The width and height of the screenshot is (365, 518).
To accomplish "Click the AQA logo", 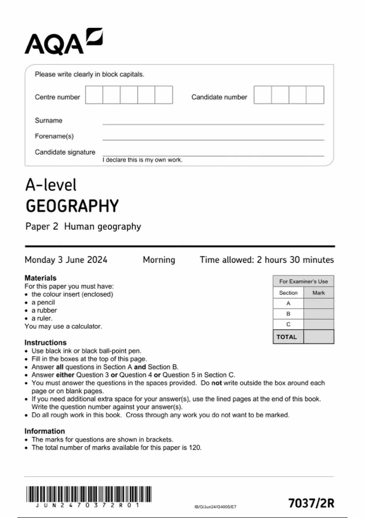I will pyautogui.click(x=63, y=42).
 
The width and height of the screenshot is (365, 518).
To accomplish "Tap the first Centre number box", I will pyautogui.click(x=94, y=95).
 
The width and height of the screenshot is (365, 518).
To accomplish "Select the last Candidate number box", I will pyautogui.click(x=315, y=95).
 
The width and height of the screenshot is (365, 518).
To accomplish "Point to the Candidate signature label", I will pyautogui.click(x=65, y=152).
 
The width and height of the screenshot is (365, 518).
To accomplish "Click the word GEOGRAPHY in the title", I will pyautogui.click(x=72, y=206).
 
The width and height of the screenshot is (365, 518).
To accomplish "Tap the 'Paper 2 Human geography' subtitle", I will pyautogui.click(x=83, y=226).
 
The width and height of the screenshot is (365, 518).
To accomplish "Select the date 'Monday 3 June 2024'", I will pyautogui.click(x=66, y=260).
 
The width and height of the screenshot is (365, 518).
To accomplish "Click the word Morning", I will pyautogui.click(x=159, y=260).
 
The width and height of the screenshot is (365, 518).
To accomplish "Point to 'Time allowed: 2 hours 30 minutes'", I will pyautogui.click(x=266, y=260).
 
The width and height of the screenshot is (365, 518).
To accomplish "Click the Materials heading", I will pyautogui.click(x=40, y=278).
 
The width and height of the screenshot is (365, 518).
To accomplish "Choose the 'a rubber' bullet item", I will pyautogui.click(x=44, y=310).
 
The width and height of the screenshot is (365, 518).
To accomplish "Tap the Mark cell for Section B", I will pyautogui.click(x=318, y=314).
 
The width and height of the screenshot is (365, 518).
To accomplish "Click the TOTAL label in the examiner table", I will pyautogui.click(x=287, y=337).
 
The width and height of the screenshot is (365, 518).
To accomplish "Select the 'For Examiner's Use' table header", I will pyautogui.click(x=303, y=281).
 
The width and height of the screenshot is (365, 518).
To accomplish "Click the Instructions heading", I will pyautogui.click(x=45, y=342).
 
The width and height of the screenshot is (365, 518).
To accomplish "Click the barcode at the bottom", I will pyautogui.click(x=89, y=494).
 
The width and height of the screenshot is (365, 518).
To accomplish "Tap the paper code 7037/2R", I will pyautogui.click(x=311, y=503).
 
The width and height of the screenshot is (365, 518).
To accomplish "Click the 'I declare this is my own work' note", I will pyautogui.click(x=142, y=160).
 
